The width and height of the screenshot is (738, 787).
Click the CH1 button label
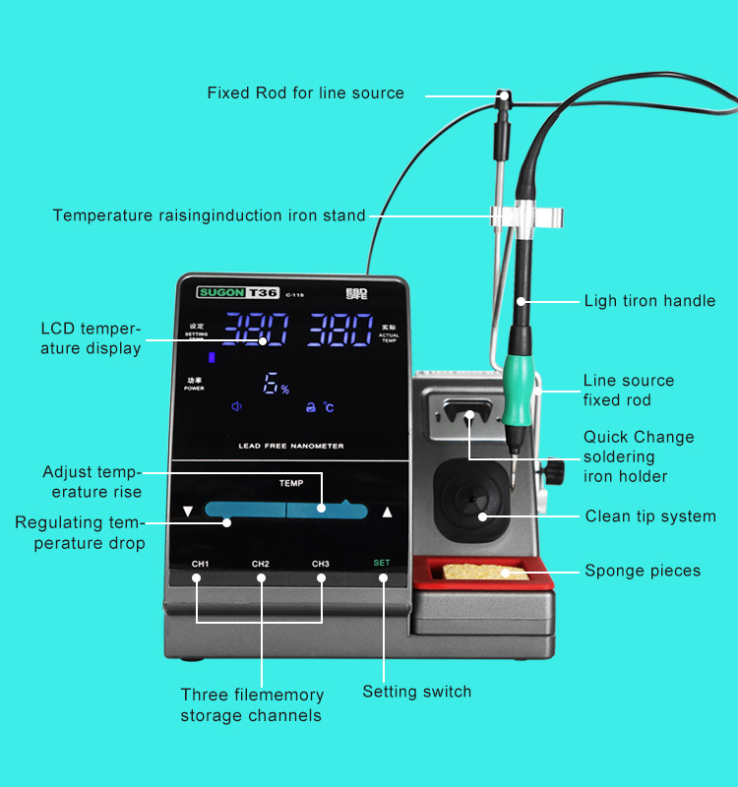point(201,564)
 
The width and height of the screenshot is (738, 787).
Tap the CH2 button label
point(261,564)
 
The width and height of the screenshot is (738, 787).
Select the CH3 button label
point(321,564)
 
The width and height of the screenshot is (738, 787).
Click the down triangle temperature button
point(188,512)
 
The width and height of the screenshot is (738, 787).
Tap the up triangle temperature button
point(388,512)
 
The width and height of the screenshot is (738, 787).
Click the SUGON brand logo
point(221,292)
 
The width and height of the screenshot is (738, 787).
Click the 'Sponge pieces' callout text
point(643,571)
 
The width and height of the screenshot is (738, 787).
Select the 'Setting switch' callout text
point(416,692)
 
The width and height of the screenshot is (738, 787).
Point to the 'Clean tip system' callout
point(650,516)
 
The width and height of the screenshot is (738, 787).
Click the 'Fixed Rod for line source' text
point(305,92)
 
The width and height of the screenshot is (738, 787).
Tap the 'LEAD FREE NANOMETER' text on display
point(291,446)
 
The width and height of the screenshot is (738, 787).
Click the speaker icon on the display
point(236,406)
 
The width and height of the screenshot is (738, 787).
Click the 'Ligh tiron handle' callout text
point(649,300)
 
